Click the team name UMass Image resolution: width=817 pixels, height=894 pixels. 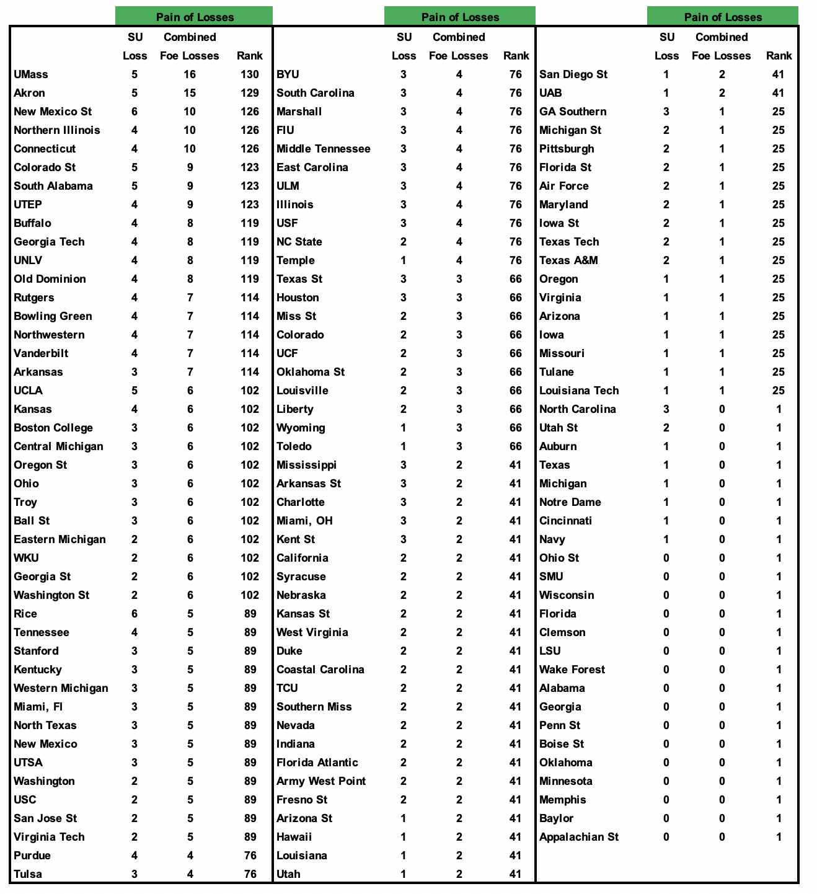pos(31,74)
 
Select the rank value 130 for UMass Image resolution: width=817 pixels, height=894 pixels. pos(250,74)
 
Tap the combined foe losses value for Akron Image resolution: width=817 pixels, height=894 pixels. pos(190,93)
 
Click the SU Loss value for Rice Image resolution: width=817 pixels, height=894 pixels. pos(135,614)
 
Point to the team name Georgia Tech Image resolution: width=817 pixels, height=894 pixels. pos(49,242)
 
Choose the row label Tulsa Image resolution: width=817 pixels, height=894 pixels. pos(28,874)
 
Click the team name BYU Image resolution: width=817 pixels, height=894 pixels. pos(288,74)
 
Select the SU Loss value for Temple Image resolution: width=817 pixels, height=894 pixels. pos(404,260)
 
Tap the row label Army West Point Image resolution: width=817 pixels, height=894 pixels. pos(321,781)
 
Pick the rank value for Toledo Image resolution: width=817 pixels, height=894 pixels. pos(516,446)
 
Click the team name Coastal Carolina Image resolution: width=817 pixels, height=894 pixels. pos(320,670)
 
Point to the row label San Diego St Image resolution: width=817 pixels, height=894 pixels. pos(573,74)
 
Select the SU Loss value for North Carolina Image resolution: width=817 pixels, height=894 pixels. pos(666,409)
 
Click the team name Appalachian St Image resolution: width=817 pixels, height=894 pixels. pos(579,837)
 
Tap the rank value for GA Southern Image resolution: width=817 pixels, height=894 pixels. pos(779,112)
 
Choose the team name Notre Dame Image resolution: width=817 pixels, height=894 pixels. pos(570,502)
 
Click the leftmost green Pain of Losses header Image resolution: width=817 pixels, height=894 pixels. pos(194,17)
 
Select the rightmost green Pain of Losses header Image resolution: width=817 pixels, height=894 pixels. pos(723,17)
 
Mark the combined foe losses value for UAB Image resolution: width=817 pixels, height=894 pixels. pos(722,93)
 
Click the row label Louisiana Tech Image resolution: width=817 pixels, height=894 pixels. pos(579,391)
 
